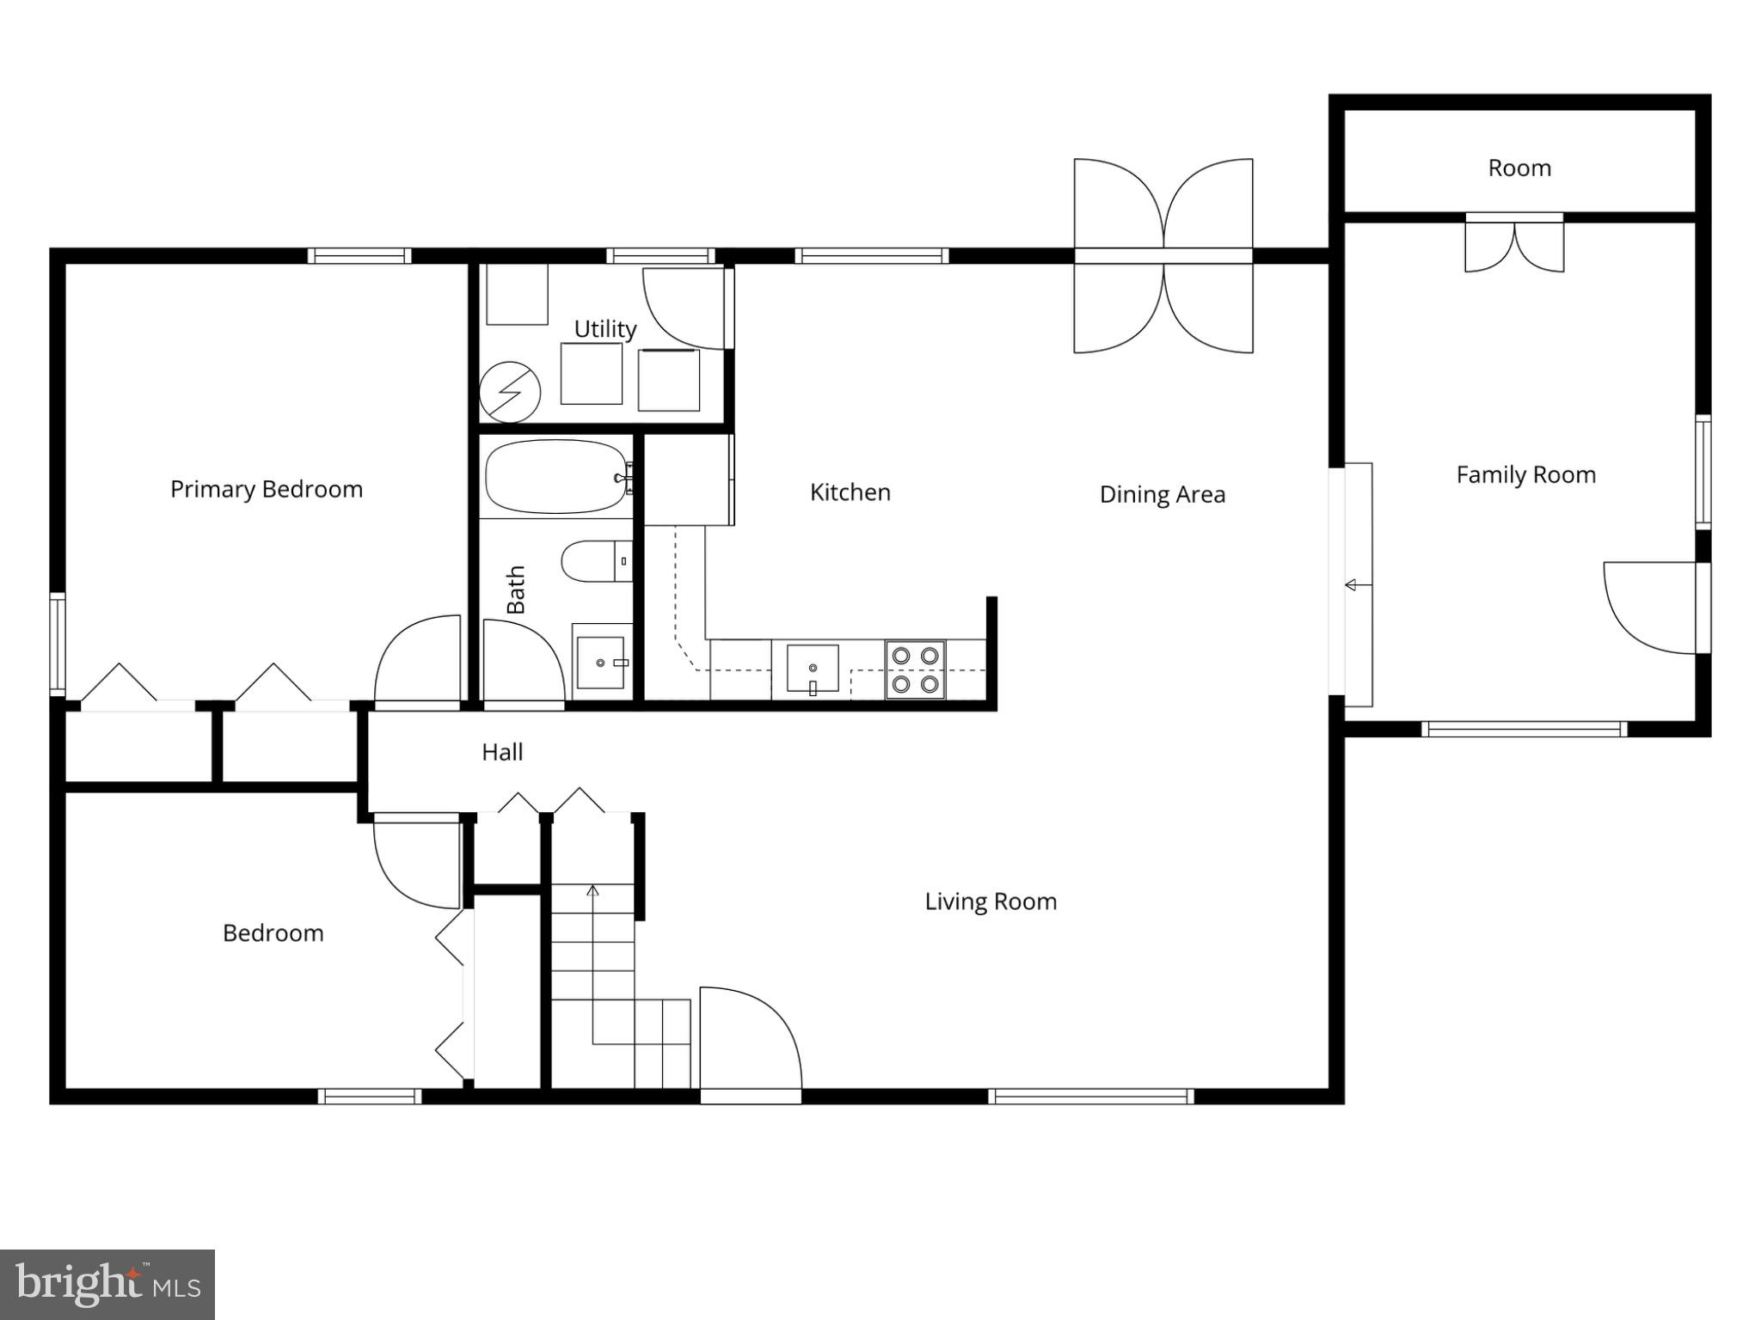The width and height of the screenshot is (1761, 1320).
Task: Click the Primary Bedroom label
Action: (x=267, y=489)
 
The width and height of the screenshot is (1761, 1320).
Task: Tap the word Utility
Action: (x=604, y=329)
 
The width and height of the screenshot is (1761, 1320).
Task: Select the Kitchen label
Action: (x=850, y=492)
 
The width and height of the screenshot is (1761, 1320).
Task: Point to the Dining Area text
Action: (x=1162, y=494)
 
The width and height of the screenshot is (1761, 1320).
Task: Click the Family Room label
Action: (x=1525, y=474)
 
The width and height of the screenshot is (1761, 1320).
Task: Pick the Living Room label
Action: (x=991, y=901)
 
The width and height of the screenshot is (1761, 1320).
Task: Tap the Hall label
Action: (x=502, y=752)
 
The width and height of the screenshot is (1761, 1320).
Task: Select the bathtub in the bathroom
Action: (x=556, y=477)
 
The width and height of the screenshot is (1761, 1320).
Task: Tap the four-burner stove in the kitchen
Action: (x=915, y=669)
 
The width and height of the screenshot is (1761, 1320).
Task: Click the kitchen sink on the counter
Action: (x=813, y=669)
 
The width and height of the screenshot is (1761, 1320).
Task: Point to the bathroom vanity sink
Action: (x=600, y=663)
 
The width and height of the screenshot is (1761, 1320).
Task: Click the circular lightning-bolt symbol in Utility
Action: (x=509, y=392)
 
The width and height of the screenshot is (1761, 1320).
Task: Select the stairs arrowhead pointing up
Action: (x=592, y=891)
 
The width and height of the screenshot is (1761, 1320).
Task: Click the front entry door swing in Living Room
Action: (x=748, y=1040)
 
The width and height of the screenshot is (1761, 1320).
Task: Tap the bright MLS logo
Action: (x=107, y=1285)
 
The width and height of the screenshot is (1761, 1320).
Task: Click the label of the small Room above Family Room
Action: (x=1519, y=168)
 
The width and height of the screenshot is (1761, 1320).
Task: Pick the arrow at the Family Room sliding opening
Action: (x=1352, y=585)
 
